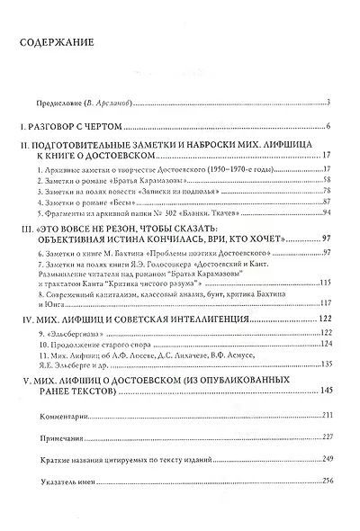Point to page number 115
(327, 286)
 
